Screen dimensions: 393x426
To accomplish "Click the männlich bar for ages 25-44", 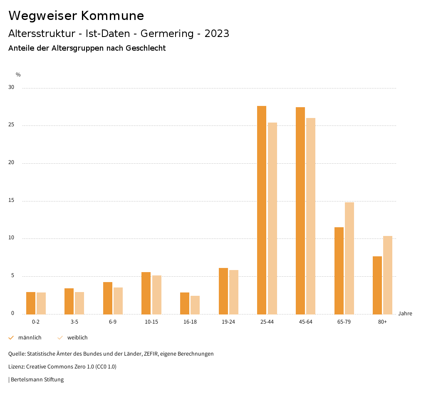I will [x=262, y=210].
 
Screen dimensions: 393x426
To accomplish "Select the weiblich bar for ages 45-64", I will [x=311, y=216].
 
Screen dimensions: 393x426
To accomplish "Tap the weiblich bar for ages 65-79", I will [x=349, y=258].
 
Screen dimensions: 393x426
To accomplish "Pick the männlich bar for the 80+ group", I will [x=377, y=285].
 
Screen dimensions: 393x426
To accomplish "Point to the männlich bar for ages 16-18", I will [x=185, y=303].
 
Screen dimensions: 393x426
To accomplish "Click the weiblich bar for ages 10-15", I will [x=156, y=295].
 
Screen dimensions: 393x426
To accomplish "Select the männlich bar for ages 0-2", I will [x=31, y=303].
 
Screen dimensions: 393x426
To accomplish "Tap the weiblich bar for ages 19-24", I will [x=234, y=292].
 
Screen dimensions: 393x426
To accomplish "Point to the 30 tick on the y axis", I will [x=11, y=88].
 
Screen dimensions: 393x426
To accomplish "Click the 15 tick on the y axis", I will [x=11, y=201].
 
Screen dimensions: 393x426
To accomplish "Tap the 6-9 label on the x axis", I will [x=113, y=322].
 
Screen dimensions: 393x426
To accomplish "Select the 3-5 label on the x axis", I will [x=74, y=322].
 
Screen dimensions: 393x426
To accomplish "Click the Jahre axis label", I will [x=405, y=314].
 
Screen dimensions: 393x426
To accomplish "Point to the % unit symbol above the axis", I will [x=18, y=75].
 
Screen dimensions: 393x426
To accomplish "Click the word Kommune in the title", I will [x=112, y=16].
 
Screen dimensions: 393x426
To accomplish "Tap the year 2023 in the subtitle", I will [x=217, y=34].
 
